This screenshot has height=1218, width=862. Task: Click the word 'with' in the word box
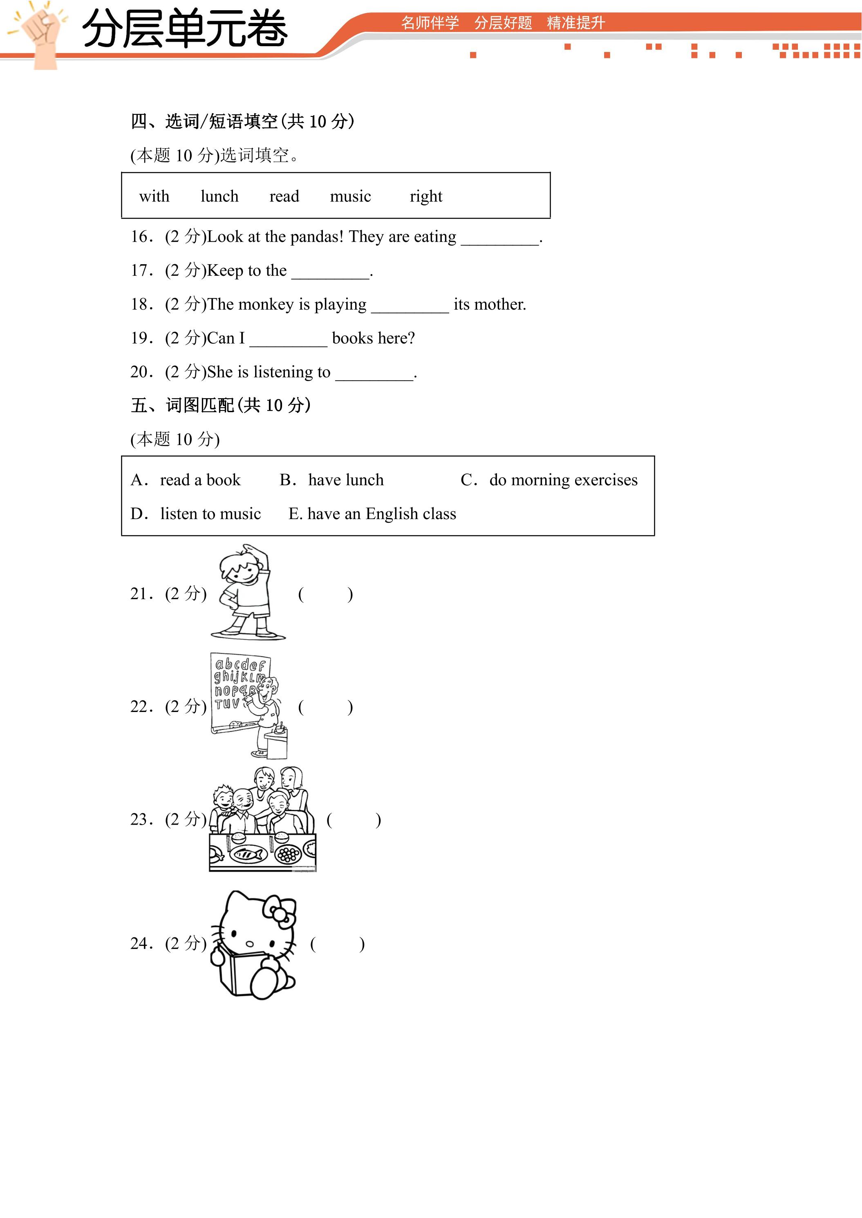click(x=154, y=196)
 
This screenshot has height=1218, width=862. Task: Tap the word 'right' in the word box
click(x=426, y=197)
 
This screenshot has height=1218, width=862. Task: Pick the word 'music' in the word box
click(x=350, y=196)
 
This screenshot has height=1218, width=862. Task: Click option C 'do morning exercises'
click(x=549, y=480)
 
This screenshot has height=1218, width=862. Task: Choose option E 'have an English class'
click(x=372, y=514)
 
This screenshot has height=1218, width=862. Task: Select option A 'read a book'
click(x=186, y=480)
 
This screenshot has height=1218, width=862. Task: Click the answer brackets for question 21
click(x=325, y=594)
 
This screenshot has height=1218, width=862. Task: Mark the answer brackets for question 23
click(x=354, y=820)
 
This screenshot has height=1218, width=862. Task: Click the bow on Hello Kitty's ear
click(x=280, y=911)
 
